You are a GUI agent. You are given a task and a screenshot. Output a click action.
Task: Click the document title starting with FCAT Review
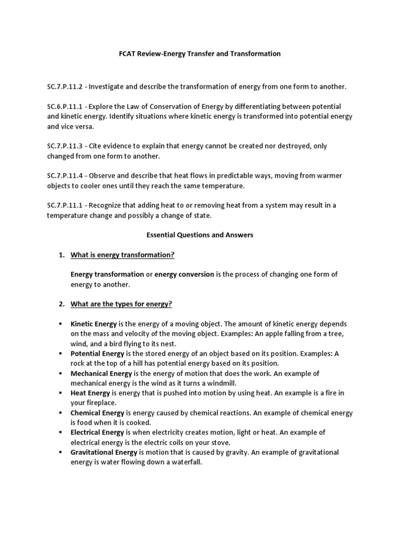pyautogui.click(x=199, y=54)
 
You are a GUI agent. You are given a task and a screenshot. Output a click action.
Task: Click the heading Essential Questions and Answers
pyautogui.click(x=199, y=235)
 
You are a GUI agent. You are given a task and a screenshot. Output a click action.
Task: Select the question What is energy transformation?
pyautogui.click(x=122, y=254)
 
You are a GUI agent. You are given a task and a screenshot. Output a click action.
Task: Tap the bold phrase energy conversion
pyautogui.click(x=184, y=274)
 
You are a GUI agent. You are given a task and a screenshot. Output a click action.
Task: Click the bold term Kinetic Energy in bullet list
pyautogui.click(x=94, y=324)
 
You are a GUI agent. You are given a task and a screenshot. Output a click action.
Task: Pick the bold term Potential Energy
pyautogui.click(x=97, y=354)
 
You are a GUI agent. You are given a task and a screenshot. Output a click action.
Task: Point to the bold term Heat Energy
pyautogui.click(x=90, y=393)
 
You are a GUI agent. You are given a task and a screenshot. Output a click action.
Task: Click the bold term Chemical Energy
pyautogui.click(x=97, y=413)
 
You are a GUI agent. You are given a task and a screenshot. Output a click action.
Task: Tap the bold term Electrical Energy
pyautogui.click(x=97, y=433)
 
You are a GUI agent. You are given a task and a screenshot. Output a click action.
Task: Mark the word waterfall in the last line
pyautogui.click(x=185, y=463)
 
